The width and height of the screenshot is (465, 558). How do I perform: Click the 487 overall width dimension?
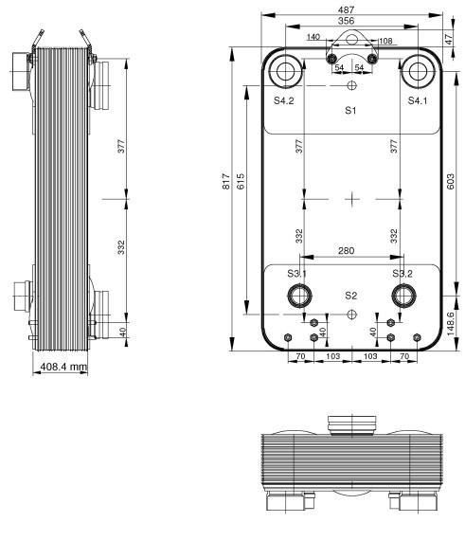pyautogui.click(x=346, y=9)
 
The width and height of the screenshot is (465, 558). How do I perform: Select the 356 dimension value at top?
pyautogui.click(x=346, y=21)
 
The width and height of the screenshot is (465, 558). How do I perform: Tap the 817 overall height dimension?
pyautogui.click(x=226, y=181)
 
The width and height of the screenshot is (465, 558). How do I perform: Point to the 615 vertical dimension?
pyautogui.click(x=241, y=181)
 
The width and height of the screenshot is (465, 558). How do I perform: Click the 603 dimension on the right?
pyautogui.click(x=450, y=181)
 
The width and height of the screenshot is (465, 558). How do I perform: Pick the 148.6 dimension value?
pyautogui.click(x=450, y=323)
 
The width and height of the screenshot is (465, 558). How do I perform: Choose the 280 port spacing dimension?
pyautogui.click(x=346, y=251)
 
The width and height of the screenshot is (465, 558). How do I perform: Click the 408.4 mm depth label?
pyautogui.click(x=63, y=367)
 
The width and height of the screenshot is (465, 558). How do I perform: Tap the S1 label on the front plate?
pyautogui.click(x=350, y=110)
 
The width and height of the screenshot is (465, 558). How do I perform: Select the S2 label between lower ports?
pyautogui.click(x=350, y=296)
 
